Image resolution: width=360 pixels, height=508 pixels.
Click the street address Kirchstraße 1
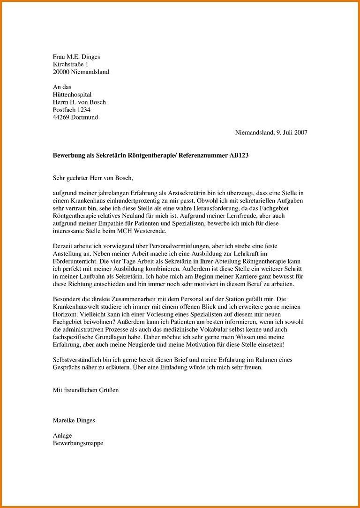pyautogui.click(x=70, y=64)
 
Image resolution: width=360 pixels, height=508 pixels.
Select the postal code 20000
pyautogui.click(x=61, y=72)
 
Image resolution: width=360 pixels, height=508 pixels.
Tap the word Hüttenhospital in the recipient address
pyautogui.click(x=72, y=94)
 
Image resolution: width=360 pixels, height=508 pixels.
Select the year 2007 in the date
pyautogui.click(x=300, y=132)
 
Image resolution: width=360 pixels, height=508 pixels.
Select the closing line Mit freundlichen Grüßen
pyautogui.click(x=86, y=390)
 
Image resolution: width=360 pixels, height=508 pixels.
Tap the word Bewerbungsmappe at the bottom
pyautogui.click(x=78, y=443)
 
